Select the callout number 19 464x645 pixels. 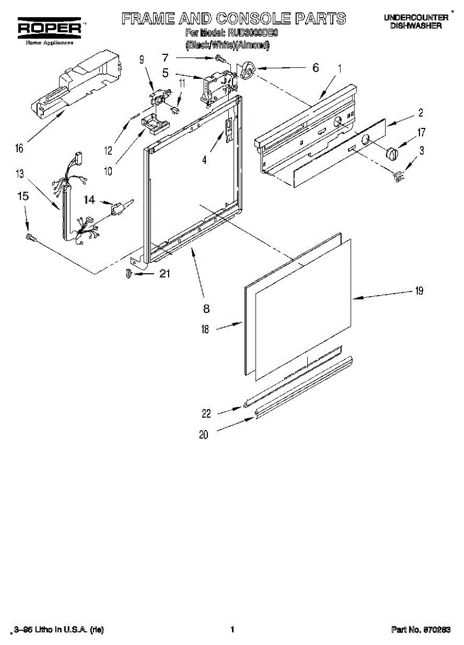419,291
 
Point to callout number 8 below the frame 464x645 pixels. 206,309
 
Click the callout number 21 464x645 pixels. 164,273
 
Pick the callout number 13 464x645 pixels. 20,174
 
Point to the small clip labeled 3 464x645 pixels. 398,175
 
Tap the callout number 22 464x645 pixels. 206,413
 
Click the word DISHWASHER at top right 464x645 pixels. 416,25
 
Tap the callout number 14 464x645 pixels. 89,200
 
